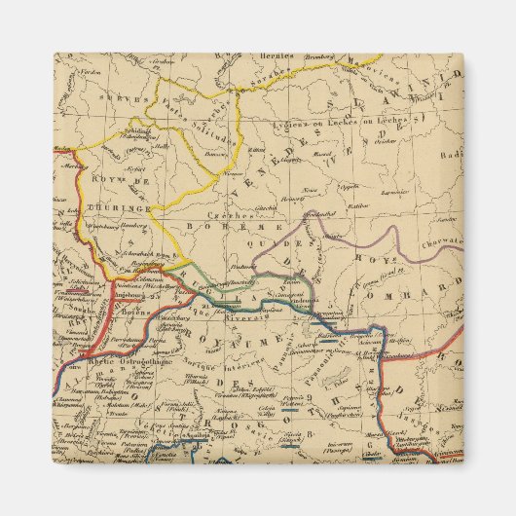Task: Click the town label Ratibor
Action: coord(358,205)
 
